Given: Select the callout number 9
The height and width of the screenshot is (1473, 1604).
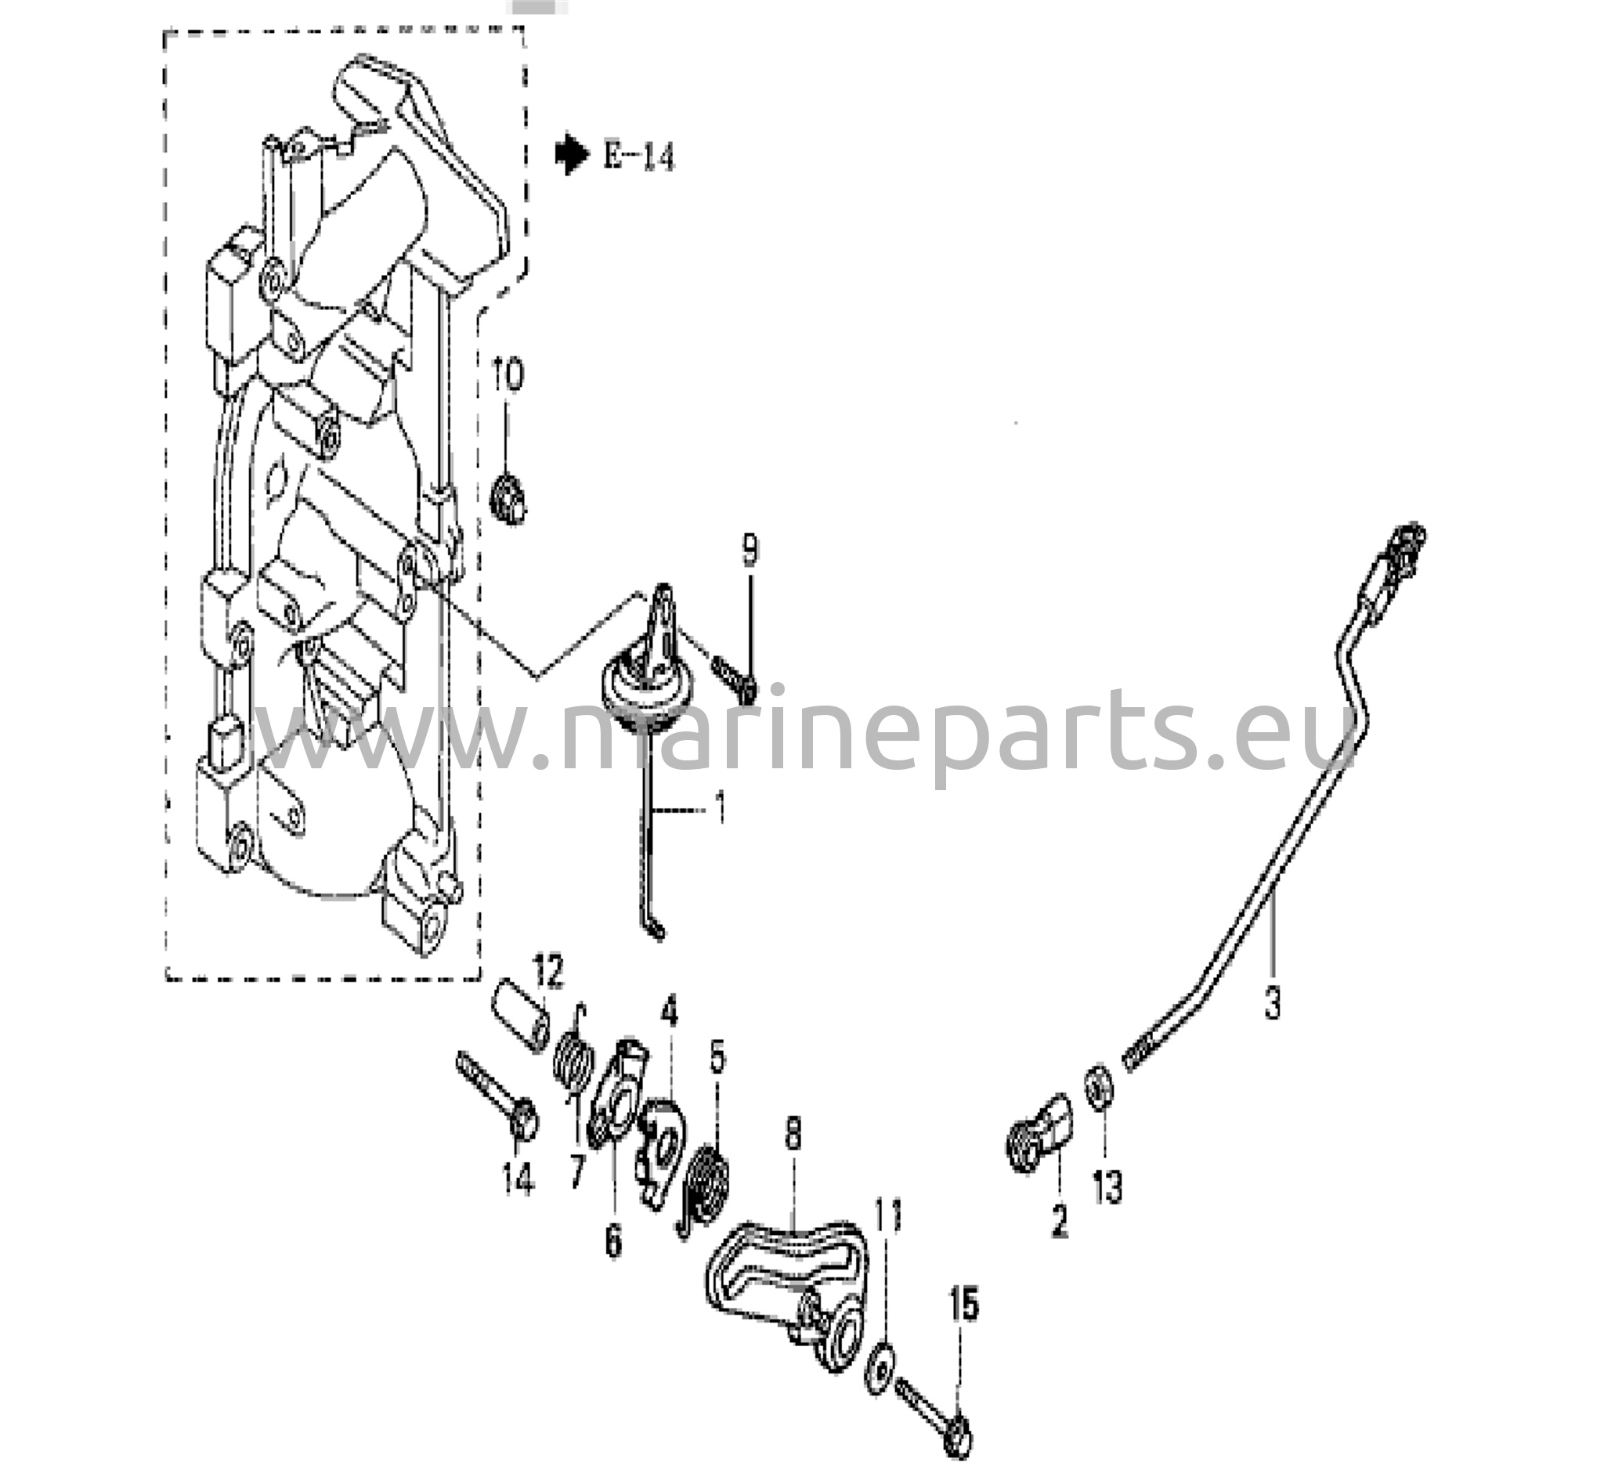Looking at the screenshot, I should point(750,551).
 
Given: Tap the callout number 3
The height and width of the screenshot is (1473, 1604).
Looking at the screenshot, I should point(1273,1002).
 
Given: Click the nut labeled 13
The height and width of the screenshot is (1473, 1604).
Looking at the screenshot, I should point(1098,1084).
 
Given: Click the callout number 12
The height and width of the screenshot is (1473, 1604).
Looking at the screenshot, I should point(549,973).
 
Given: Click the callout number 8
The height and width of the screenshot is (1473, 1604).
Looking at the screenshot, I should point(793,1135).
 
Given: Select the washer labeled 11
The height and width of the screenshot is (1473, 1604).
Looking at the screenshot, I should point(880,1370).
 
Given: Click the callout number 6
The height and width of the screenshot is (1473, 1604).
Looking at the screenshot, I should point(613,1240).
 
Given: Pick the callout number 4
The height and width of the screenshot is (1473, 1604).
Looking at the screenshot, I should point(669,1013).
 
